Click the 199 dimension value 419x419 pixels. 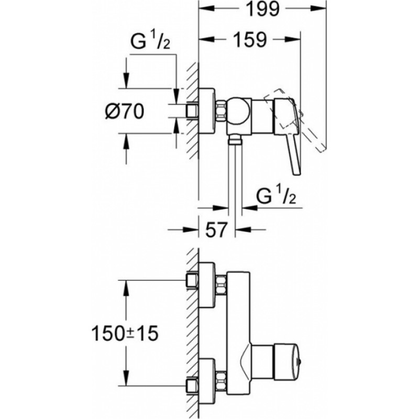(262, 9)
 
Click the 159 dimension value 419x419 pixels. (250, 40)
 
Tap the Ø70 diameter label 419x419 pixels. (125, 111)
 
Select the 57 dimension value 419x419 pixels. (216, 229)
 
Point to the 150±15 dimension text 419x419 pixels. (125, 334)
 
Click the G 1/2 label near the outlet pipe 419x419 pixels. (276, 196)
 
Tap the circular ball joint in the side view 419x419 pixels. (238, 112)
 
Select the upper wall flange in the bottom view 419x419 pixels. (206, 284)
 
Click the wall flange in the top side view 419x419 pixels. (206, 111)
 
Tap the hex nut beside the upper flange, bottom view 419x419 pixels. (220, 285)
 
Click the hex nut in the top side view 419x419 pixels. (220, 111)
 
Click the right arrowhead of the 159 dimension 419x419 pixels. (293, 40)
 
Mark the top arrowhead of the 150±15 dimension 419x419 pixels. (126, 288)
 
